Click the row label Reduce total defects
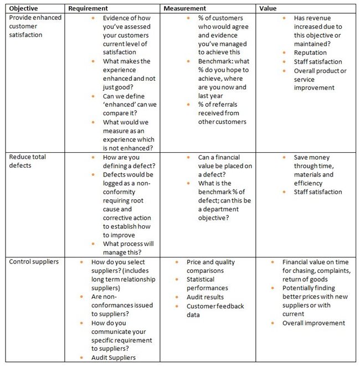[x=28, y=161]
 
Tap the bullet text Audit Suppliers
[x=114, y=358]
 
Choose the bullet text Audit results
[x=206, y=297]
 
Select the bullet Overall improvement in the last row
[x=313, y=323]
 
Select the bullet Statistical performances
[x=207, y=284]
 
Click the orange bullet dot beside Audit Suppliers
[x=82, y=358]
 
